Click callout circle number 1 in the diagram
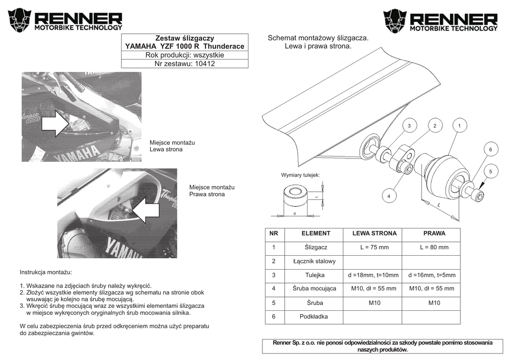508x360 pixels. (x=460, y=126)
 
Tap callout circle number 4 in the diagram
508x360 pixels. (x=389, y=197)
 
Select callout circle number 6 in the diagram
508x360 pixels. (x=490, y=149)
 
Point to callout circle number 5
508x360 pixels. (x=490, y=172)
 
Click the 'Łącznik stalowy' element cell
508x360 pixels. (x=315, y=261)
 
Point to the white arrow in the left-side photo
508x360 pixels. (x=56, y=124)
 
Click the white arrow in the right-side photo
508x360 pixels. (x=147, y=210)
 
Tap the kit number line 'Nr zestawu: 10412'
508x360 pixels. (x=185, y=64)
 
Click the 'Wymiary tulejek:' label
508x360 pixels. (x=301, y=175)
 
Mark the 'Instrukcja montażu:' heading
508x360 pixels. (x=46, y=272)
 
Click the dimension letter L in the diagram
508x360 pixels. (x=439, y=205)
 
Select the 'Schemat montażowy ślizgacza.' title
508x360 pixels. (x=318, y=38)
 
